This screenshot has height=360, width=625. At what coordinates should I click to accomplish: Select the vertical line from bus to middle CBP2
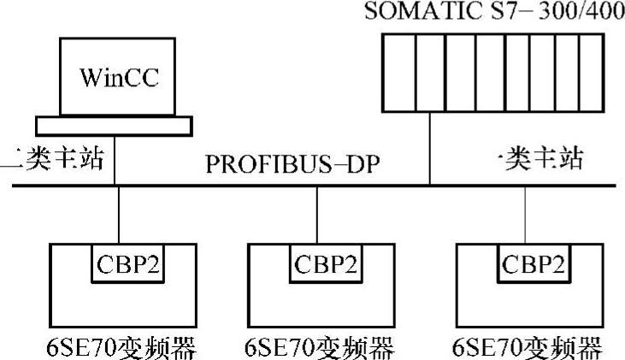(x=317, y=215)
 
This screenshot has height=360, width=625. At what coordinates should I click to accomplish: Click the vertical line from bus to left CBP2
(x=119, y=215)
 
